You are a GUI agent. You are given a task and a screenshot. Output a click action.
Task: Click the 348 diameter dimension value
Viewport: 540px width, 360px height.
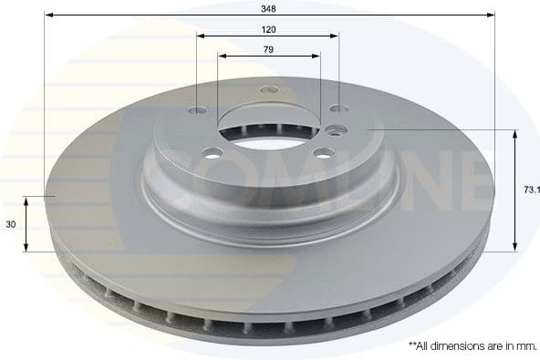point(269,7)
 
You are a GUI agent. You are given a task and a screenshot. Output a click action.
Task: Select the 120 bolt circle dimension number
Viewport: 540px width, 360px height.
point(267,28)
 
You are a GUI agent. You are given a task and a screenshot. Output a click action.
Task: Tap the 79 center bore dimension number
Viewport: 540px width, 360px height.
point(268,49)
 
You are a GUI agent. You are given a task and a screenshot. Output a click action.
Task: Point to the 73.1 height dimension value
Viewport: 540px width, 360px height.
point(531,190)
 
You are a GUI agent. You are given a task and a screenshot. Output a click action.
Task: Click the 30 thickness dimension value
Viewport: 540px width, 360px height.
point(10,224)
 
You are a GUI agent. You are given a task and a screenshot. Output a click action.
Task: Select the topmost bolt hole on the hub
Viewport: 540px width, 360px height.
point(267,90)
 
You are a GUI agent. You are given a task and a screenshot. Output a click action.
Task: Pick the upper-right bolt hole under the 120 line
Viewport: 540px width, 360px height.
point(336,110)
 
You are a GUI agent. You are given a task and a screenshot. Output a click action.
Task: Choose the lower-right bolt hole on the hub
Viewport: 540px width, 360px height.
point(324,152)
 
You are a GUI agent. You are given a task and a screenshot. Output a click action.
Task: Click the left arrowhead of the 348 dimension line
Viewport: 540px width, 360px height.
point(48,15)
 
